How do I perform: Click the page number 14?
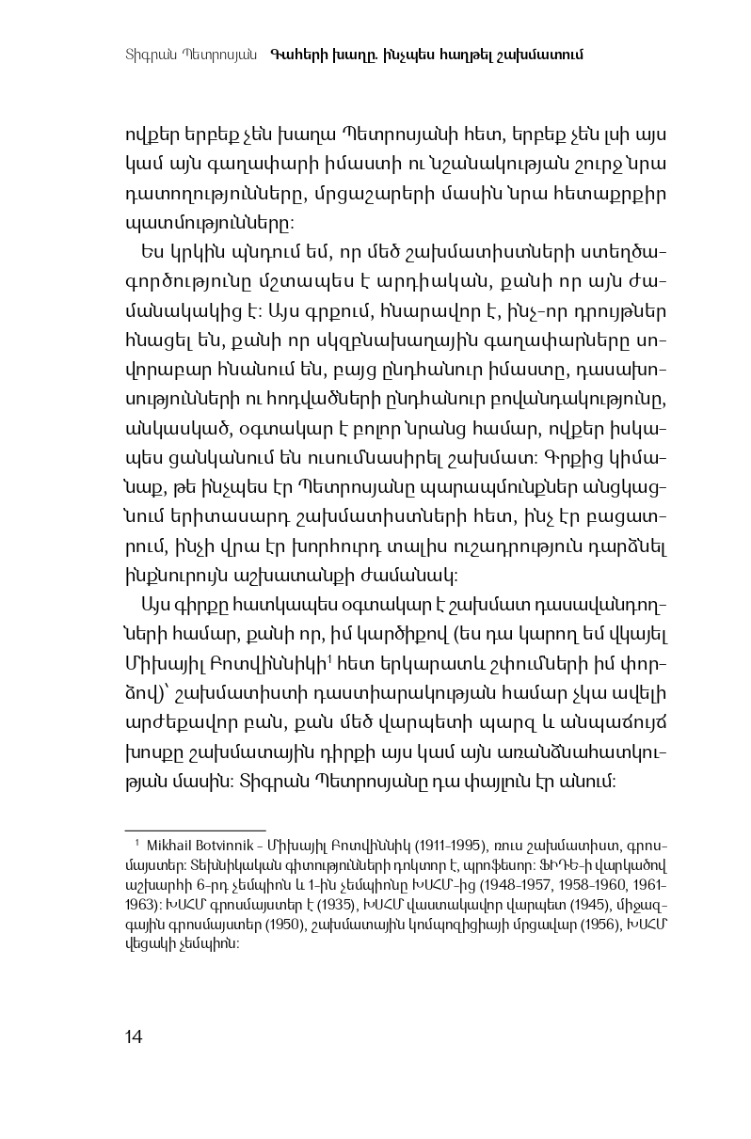click(133, 1037)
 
